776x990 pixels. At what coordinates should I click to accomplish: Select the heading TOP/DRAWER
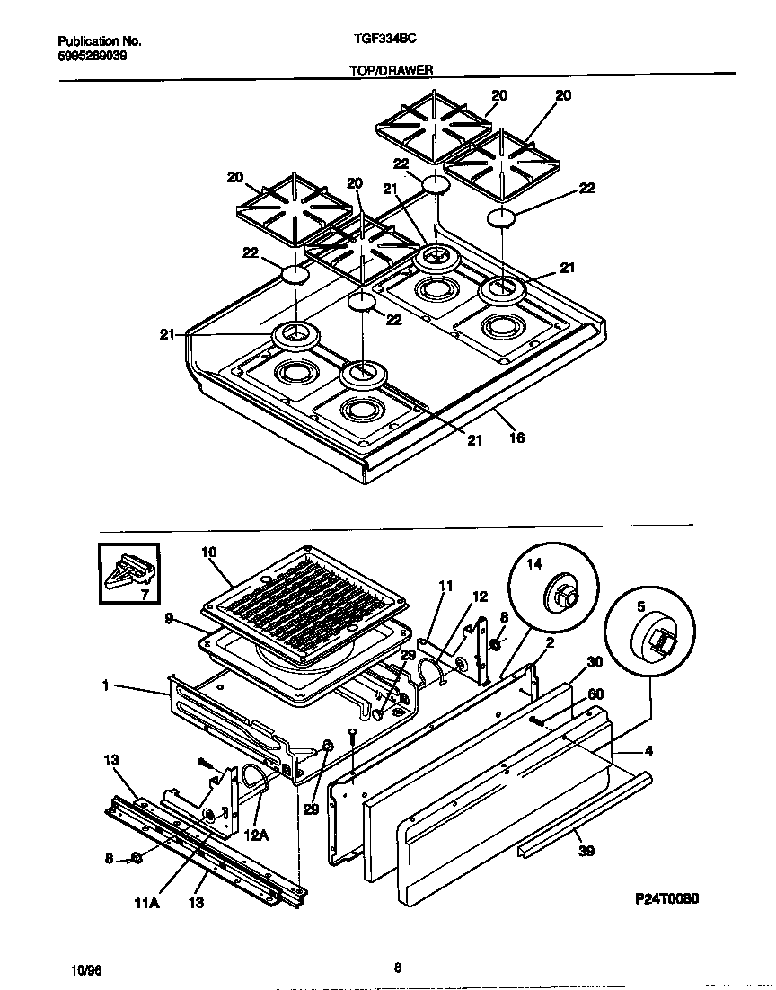pyautogui.click(x=390, y=69)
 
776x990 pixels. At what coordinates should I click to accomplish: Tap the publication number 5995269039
pyautogui.click(x=92, y=54)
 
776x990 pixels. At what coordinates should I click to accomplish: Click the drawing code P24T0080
pyautogui.click(x=666, y=898)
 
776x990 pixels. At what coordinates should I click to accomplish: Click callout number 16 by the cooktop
pyautogui.click(x=516, y=438)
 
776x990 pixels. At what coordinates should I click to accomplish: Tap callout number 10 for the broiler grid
pyautogui.click(x=209, y=552)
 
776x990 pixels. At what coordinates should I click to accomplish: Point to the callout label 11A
pyautogui.click(x=147, y=904)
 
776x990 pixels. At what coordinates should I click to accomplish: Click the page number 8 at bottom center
pyautogui.click(x=397, y=968)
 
